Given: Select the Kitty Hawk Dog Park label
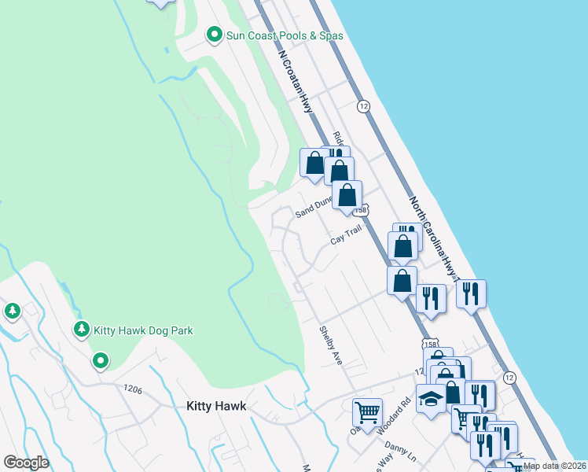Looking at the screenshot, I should pos(143,330).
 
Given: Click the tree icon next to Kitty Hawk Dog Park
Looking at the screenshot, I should pos(81,330).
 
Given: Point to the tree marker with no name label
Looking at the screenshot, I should pos(12,312).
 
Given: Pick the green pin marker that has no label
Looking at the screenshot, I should pos(101,361).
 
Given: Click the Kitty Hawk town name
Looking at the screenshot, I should pos(216,406).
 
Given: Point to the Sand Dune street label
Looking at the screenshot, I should pos(314,208).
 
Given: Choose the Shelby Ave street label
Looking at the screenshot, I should pos(330,345).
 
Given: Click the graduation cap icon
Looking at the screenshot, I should pos(431,400).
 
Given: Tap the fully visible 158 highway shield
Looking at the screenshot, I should pos(431,344).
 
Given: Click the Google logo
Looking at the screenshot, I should pos(26,462).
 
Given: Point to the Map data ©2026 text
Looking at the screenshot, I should pos(553,466).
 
